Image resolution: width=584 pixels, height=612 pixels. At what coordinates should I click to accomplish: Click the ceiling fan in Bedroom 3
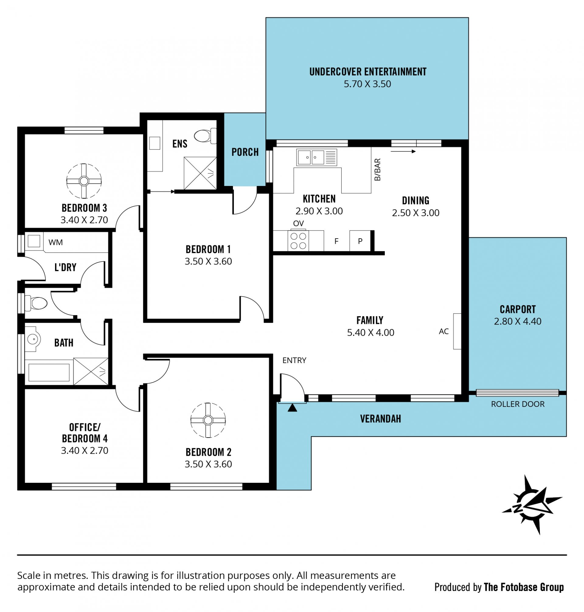pos(84,181)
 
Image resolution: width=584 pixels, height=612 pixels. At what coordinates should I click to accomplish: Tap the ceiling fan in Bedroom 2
pos(208,420)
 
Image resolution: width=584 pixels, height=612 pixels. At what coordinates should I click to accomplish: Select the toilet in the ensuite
pos(205,136)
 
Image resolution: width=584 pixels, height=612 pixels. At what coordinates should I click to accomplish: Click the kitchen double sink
pos(317,157)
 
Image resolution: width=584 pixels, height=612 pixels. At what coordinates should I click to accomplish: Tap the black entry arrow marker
pos(292,408)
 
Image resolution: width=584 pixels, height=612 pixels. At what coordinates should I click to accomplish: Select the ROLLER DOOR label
pos(518,404)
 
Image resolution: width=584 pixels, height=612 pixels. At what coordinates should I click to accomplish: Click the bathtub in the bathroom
pos(49,372)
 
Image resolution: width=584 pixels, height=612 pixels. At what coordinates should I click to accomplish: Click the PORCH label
pos(245,152)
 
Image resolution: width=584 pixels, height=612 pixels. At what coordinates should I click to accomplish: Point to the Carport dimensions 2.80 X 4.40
pos(517,321)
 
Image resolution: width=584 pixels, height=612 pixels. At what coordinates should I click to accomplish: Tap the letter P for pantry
pos(360,241)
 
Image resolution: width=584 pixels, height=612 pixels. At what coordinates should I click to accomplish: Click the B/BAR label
pos(377,170)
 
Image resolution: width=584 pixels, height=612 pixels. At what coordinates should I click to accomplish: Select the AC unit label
pos(443,331)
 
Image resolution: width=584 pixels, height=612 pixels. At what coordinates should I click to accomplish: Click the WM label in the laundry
pos(55,242)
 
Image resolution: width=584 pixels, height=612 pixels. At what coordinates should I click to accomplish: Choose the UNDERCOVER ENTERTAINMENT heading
pos(368,72)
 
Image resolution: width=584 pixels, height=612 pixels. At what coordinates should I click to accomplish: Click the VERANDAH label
pos(381,418)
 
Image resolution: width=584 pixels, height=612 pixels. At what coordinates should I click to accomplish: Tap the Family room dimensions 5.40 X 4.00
pos(370,332)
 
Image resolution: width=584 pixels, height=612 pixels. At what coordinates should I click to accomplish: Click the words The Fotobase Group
pos(523,587)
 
